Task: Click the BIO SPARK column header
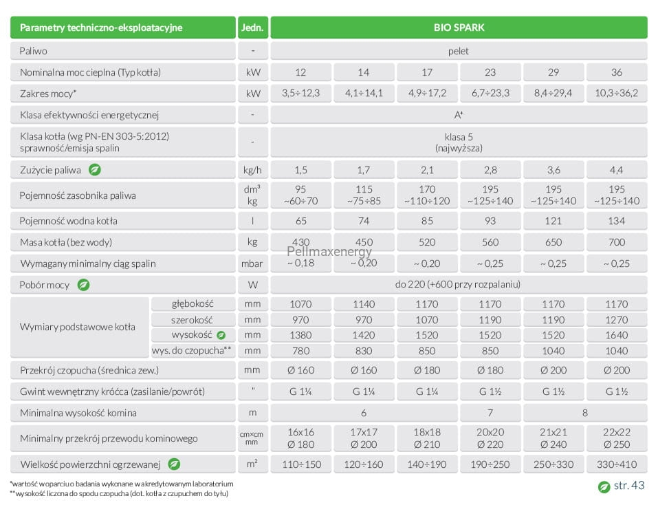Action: (x=459, y=28)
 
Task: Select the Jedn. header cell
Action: (x=252, y=28)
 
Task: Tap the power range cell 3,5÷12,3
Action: (x=301, y=93)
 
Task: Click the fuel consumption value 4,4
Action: (x=617, y=170)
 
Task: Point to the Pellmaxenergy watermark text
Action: (x=329, y=251)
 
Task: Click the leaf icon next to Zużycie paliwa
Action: (x=95, y=169)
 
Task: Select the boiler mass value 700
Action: (x=617, y=242)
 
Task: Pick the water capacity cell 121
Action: (x=553, y=221)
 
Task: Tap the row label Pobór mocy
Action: (x=44, y=285)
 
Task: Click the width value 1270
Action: (x=617, y=320)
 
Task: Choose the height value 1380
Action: (x=301, y=335)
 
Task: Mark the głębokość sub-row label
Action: (x=193, y=303)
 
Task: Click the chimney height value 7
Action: (x=490, y=413)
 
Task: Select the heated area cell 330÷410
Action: (x=617, y=464)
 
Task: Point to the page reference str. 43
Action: (x=628, y=486)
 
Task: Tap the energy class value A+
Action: (x=459, y=115)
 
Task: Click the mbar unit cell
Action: (x=252, y=264)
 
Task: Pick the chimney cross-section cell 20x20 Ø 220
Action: (x=490, y=438)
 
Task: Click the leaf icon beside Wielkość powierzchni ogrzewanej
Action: (x=174, y=464)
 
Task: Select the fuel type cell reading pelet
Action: (x=459, y=51)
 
